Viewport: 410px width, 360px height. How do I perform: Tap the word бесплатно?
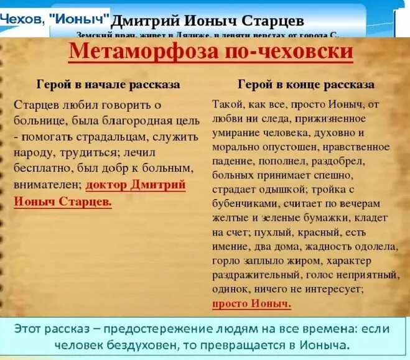pos(40,168)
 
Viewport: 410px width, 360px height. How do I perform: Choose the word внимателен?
pos(47,185)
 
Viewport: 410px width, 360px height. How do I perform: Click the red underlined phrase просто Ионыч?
pos(251,303)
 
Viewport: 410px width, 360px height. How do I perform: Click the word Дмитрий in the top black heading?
pos(145,21)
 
